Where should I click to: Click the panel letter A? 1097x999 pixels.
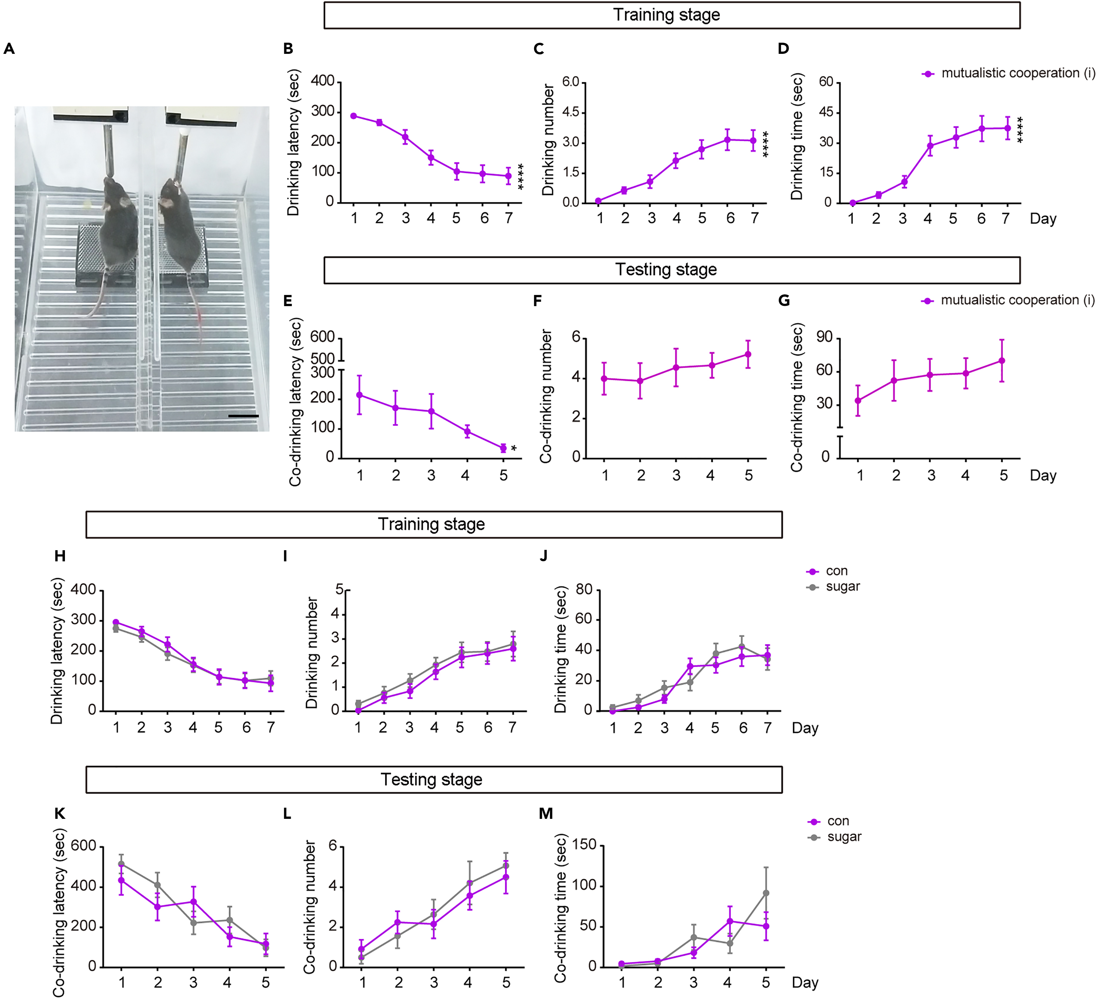click(x=9, y=49)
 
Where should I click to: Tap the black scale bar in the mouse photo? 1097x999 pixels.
click(x=243, y=416)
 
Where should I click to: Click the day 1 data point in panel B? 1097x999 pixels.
click(x=354, y=116)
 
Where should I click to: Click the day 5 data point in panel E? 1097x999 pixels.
click(x=503, y=448)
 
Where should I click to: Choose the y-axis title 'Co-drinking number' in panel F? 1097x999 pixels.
click(x=546, y=396)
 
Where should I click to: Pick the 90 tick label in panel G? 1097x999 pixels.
click(x=825, y=337)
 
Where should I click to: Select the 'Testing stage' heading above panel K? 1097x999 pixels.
click(x=431, y=779)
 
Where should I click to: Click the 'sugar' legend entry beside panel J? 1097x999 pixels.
click(x=842, y=586)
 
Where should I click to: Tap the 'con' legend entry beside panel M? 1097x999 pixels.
click(x=838, y=821)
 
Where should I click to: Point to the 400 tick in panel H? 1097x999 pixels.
click(x=83, y=590)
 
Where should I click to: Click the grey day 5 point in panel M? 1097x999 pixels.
click(x=766, y=893)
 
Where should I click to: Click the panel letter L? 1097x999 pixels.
click(x=287, y=813)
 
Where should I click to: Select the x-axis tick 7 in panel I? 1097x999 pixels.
click(x=512, y=727)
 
